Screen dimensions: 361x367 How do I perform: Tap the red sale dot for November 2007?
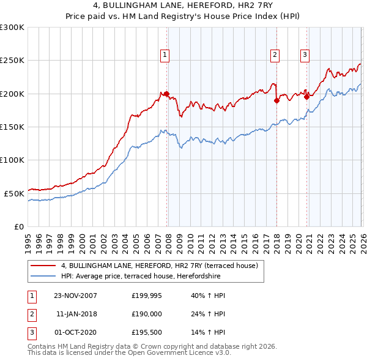pos(166,94)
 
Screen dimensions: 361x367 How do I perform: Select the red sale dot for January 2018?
pos(276,100)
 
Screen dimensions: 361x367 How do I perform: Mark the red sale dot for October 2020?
pos(306,97)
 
